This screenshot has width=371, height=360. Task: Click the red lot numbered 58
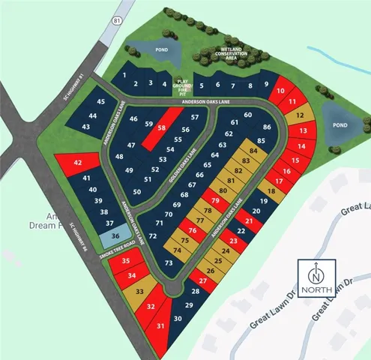[x=163, y=127]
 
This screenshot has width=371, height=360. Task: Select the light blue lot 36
[x=115, y=235]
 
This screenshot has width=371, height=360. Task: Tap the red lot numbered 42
[x=77, y=163]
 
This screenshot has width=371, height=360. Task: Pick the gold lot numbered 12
[x=299, y=115]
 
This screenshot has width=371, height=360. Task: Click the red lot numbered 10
[x=280, y=91]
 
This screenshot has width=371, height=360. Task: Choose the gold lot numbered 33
[x=139, y=291]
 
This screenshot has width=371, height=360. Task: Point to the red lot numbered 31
[x=160, y=325]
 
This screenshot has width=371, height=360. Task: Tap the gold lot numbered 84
[x=253, y=151]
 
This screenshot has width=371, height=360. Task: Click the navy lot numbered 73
[x=169, y=262]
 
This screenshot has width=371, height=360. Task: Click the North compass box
[x=319, y=278]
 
